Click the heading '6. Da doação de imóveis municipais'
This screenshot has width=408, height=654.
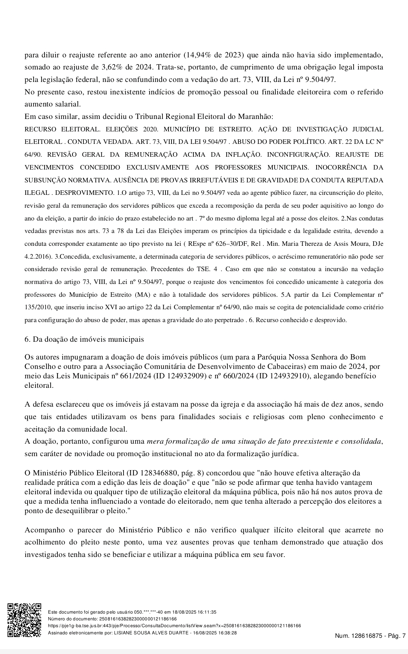(x=84, y=339)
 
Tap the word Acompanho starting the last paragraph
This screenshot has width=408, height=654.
(x=46, y=530)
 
